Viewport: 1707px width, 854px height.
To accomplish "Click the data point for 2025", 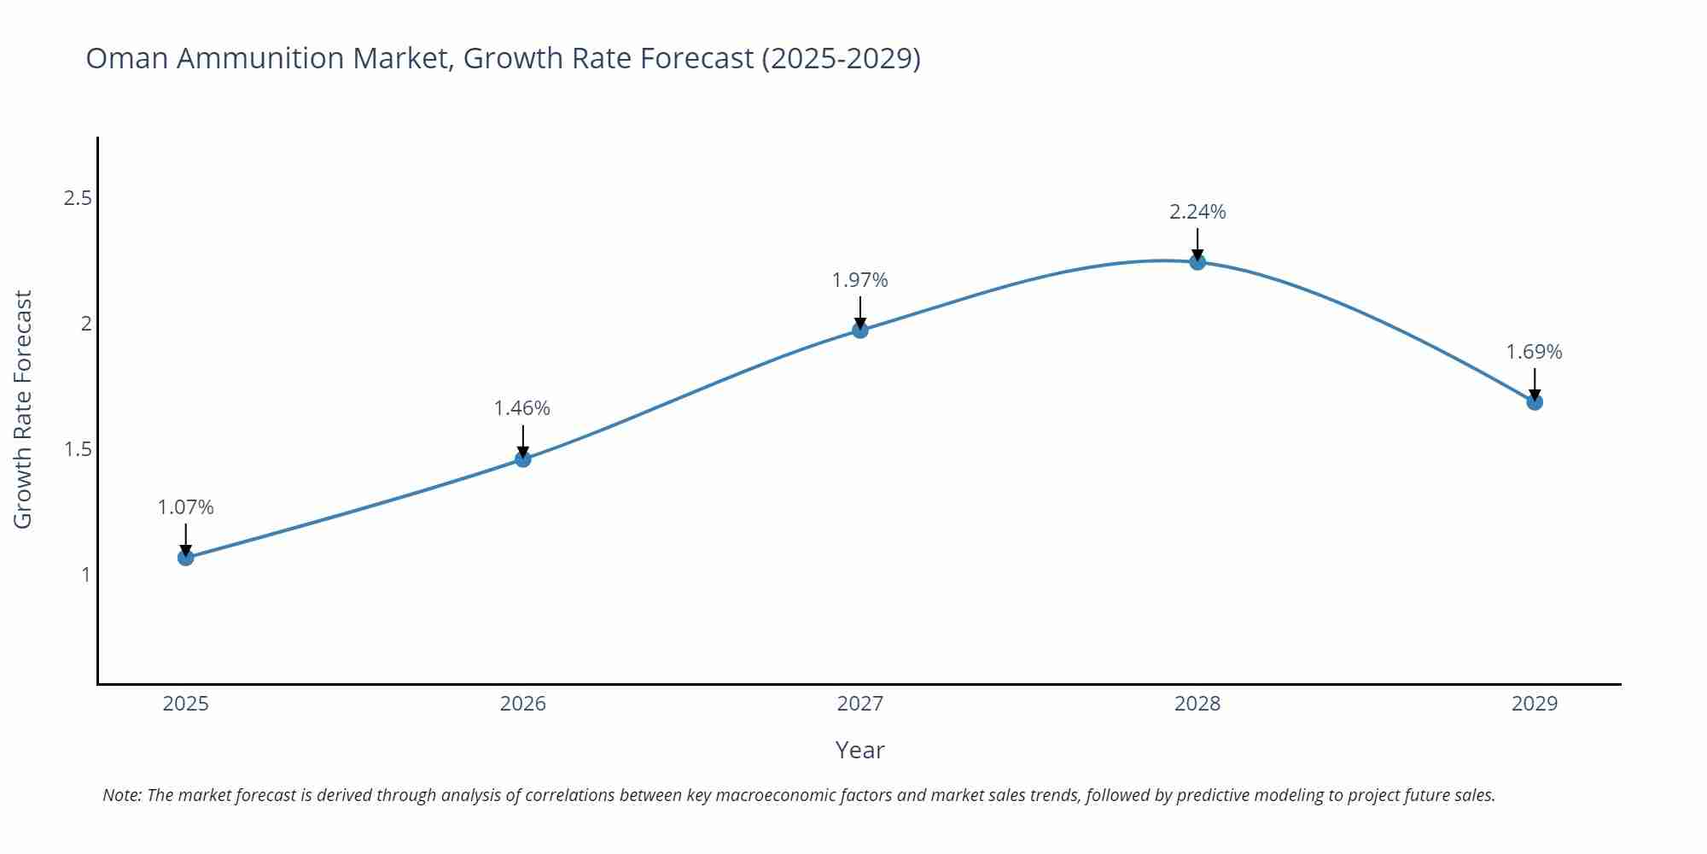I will pyautogui.click(x=185, y=558).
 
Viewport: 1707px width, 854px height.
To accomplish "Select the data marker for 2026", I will pyautogui.click(x=523, y=459).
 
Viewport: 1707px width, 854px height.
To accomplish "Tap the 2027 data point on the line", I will pyautogui.click(x=860, y=330).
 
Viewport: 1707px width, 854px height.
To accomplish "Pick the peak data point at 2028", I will pyautogui.click(x=1197, y=262).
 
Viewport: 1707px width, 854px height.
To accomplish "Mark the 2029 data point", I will pyautogui.click(x=1535, y=402).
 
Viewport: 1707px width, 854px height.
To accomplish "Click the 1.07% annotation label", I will pyautogui.click(x=185, y=507).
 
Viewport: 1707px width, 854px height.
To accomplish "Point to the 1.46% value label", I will pyautogui.click(x=522, y=408).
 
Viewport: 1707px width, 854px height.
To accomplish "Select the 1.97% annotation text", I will pyautogui.click(x=860, y=280).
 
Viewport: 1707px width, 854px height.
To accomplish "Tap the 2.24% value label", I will pyautogui.click(x=1197, y=212).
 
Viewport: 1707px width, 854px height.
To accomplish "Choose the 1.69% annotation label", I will pyautogui.click(x=1534, y=352).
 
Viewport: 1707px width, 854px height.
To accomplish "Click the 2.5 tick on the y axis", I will pyautogui.click(x=78, y=198).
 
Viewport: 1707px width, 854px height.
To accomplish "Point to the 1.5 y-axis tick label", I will pyautogui.click(x=78, y=449).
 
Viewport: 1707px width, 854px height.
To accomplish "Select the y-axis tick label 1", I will pyautogui.click(x=85, y=575).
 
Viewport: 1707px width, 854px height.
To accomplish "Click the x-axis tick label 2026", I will pyautogui.click(x=522, y=704).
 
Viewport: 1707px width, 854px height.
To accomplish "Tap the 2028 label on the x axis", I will pyautogui.click(x=1197, y=704).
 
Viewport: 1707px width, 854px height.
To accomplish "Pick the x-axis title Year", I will pyautogui.click(x=859, y=750).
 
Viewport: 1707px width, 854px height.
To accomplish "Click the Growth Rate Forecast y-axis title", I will pyautogui.click(x=23, y=409).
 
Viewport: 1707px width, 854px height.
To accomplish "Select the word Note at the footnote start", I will pyautogui.click(x=122, y=795).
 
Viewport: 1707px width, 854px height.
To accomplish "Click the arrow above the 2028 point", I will pyautogui.click(x=1197, y=243).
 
